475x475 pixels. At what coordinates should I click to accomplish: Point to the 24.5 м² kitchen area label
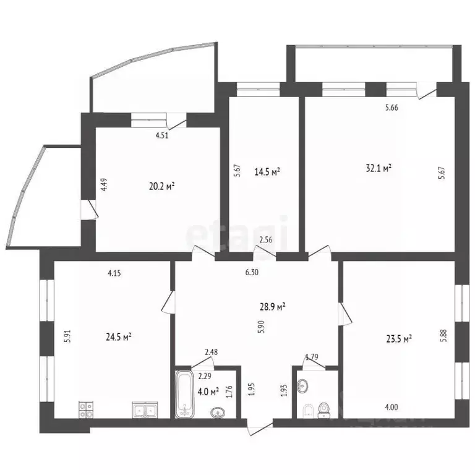click(x=118, y=337)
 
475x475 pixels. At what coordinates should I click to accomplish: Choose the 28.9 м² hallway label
click(x=272, y=306)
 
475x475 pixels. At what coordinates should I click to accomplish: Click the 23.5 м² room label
click(x=400, y=338)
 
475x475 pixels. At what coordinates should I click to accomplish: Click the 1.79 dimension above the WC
click(x=312, y=357)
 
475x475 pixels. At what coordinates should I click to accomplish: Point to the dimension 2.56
click(x=266, y=239)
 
